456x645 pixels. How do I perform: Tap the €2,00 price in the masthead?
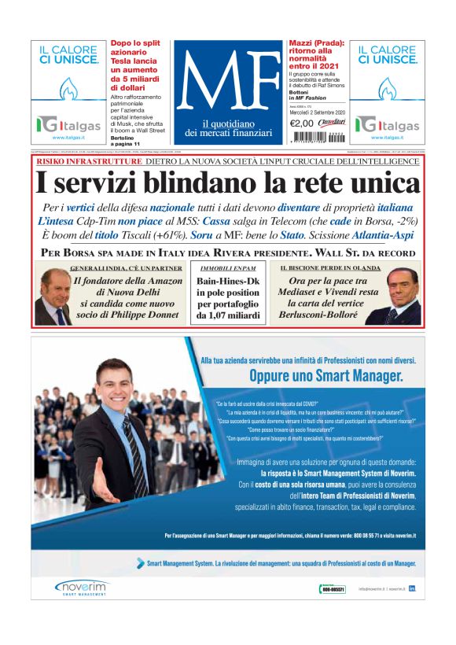pyautogui.click(x=301, y=123)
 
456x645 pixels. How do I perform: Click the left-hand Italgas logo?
pyautogui.click(x=69, y=124)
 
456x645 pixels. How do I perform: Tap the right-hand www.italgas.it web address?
pyautogui.click(x=386, y=138)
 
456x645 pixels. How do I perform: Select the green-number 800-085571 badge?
pyautogui.click(x=333, y=588)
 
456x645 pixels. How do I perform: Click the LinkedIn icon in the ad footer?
pyautogui.click(x=412, y=588)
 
